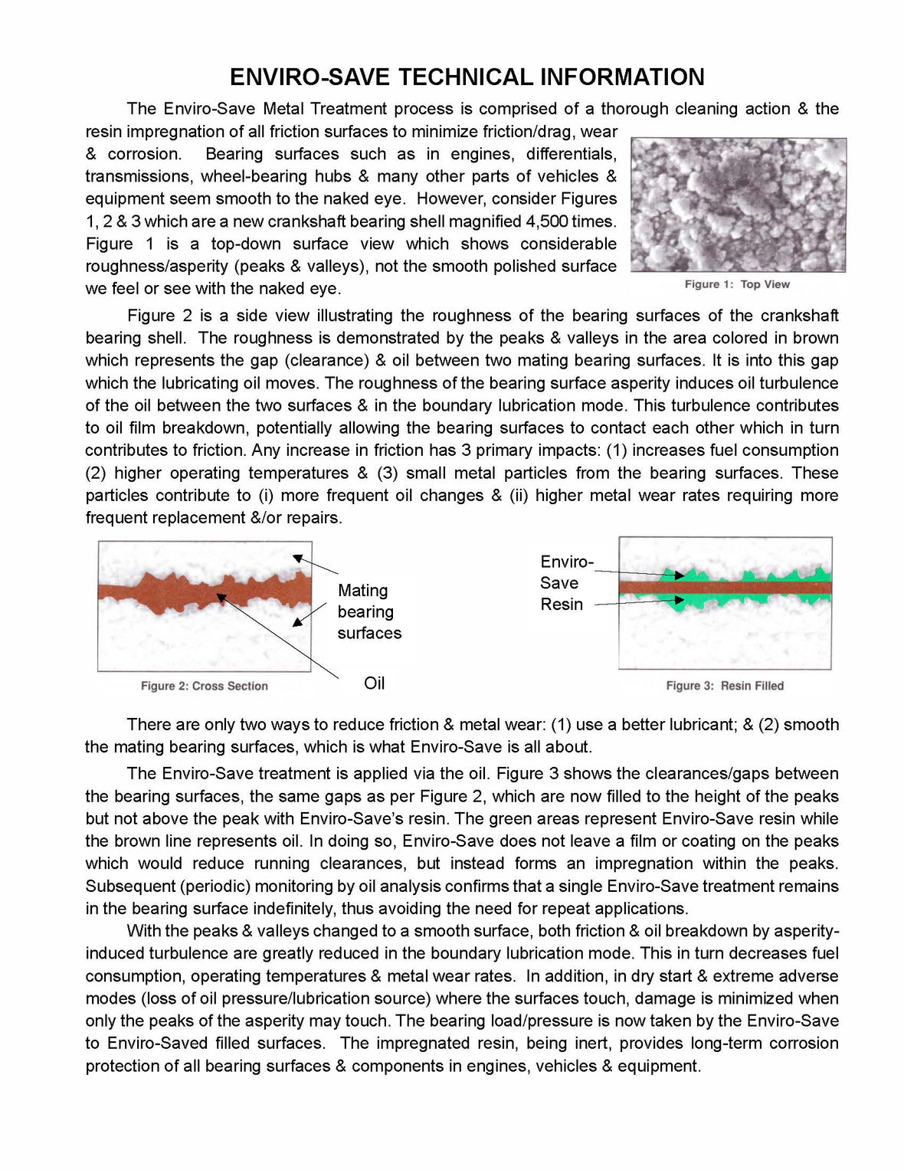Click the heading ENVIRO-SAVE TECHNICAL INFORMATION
click(x=467, y=77)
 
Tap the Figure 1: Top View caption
click(x=736, y=284)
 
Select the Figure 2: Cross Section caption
click(x=204, y=686)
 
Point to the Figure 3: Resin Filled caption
click(x=724, y=686)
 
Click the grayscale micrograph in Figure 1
click(x=738, y=205)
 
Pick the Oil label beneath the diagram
click(x=374, y=683)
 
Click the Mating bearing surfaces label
click(x=368, y=611)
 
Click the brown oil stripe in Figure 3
click(x=724, y=588)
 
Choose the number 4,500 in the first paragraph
click(x=547, y=221)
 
